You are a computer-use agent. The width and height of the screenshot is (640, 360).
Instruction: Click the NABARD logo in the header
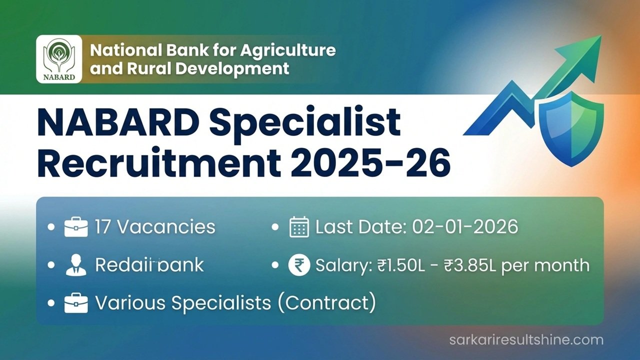[59, 59]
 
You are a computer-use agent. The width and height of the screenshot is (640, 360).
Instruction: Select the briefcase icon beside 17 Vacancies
[76, 227]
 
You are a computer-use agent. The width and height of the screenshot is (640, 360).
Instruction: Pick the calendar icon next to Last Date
[299, 227]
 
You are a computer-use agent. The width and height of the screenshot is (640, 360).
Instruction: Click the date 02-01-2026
[465, 227]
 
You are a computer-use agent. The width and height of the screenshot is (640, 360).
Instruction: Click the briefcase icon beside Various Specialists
[76, 303]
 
